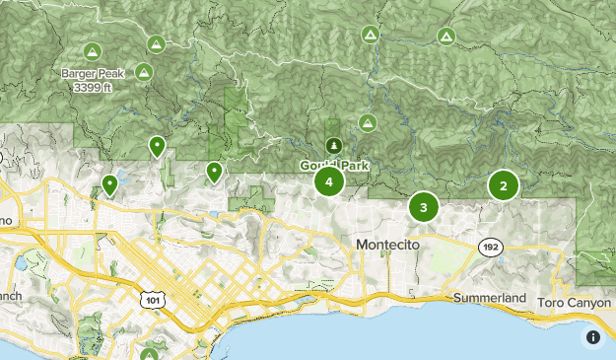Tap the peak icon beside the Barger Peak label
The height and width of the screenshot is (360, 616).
point(144,71)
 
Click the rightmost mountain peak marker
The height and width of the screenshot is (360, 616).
point(445,36)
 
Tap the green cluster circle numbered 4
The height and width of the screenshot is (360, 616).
point(328,181)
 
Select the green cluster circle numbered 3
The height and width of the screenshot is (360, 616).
point(424,207)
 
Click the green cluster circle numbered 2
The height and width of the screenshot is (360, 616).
point(504,185)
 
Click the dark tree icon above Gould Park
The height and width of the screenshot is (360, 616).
point(333,146)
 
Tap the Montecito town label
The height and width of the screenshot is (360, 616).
point(387,244)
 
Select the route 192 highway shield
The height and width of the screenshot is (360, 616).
point(489,245)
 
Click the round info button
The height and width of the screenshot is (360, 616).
point(593,337)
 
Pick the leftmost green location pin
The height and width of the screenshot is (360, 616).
point(110,184)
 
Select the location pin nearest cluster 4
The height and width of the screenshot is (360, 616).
point(214,173)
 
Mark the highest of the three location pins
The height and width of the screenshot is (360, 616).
point(157,147)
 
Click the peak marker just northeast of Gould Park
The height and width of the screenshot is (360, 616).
point(367,123)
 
